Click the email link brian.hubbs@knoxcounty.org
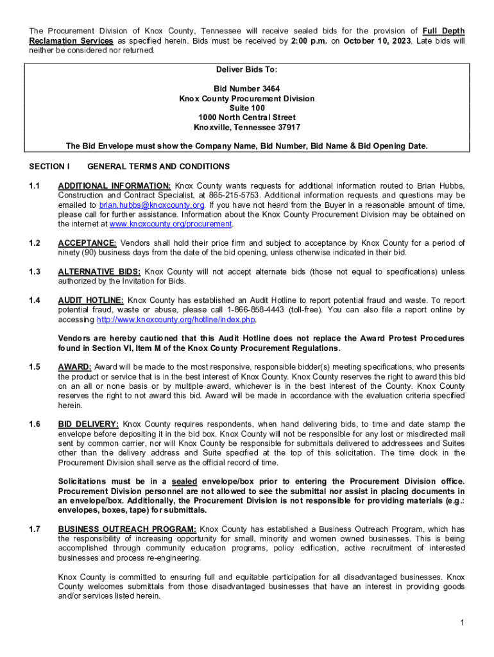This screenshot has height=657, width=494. tap(151, 205)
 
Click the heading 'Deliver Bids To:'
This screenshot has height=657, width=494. tap(247, 69)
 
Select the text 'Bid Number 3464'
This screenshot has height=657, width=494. tap(247, 89)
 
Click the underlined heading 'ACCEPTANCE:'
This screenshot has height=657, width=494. tap(87, 243)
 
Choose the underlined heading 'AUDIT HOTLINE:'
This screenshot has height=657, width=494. tap(90, 300)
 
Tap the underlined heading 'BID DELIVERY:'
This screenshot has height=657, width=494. tap(88, 424)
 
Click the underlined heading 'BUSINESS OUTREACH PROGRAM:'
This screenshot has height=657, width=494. tap(126, 529)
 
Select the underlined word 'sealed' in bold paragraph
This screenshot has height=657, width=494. tap(184, 482)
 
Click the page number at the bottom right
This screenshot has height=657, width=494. tap(462, 623)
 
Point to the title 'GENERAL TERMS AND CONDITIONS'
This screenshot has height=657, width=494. tap(158, 167)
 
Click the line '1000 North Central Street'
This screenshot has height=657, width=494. tap(247, 117)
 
